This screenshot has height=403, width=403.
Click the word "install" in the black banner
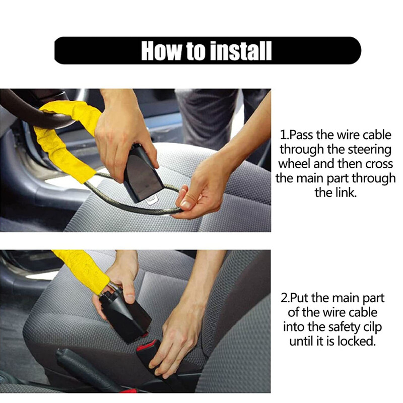240,51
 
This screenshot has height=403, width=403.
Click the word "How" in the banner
161,51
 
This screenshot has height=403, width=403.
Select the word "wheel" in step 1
295,163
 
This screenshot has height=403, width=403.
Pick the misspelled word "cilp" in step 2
372,327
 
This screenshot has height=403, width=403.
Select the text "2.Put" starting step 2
296,298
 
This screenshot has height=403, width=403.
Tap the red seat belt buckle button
147,345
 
